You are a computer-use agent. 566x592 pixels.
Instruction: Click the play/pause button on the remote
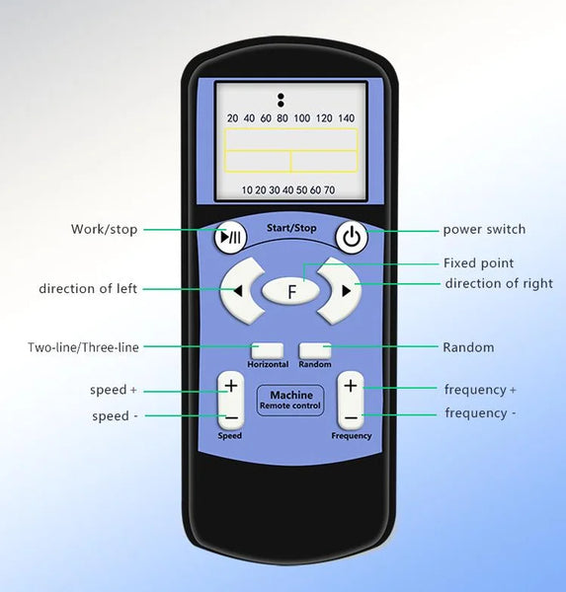(x=230, y=237)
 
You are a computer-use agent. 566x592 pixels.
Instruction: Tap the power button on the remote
(x=352, y=237)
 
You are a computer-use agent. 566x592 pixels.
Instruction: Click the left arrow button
(x=241, y=291)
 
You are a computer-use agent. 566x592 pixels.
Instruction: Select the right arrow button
(x=340, y=291)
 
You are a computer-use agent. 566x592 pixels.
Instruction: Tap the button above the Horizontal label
(x=268, y=350)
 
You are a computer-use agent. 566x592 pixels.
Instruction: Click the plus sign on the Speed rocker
(x=231, y=386)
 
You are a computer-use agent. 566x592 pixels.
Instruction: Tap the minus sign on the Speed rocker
(x=231, y=417)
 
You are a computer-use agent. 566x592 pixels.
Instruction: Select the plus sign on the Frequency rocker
(x=351, y=386)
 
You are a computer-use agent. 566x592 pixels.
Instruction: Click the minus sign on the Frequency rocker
(x=351, y=417)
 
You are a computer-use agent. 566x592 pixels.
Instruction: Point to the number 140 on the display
(x=346, y=118)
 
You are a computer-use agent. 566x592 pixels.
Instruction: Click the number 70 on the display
(x=329, y=189)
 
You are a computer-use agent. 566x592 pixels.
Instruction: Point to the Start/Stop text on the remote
(x=291, y=228)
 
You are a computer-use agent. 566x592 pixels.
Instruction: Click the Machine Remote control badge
(x=290, y=401)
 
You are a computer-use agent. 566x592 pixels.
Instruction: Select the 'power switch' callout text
(x=484, y=229)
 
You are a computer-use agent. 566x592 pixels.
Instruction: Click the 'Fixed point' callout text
(x=478, y=262)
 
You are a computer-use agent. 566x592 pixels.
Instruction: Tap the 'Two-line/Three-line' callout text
(x=83, y=347)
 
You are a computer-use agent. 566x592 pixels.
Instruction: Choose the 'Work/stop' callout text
(x=104, y=229)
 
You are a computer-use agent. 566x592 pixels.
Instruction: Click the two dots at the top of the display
(x=281, y=100)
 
